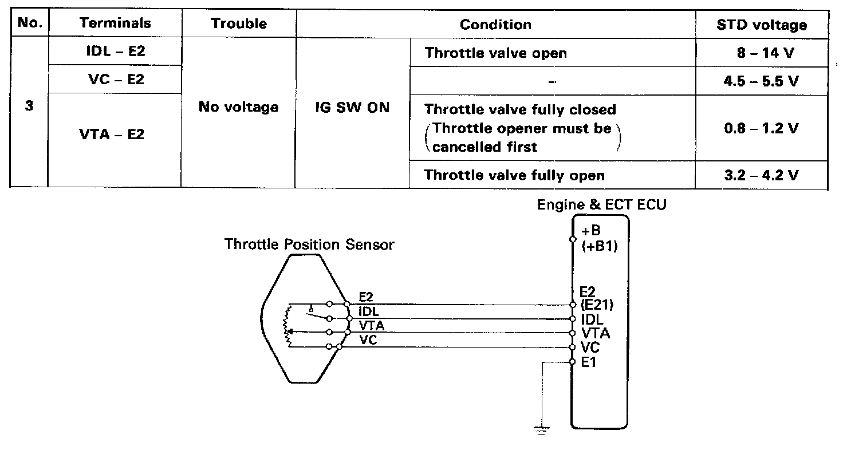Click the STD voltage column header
761,25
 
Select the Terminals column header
115,23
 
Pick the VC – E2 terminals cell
115,79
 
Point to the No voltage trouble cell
238,107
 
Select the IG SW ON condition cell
352,108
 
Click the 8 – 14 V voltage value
761,53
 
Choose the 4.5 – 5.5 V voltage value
761,81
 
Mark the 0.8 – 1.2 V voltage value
761,128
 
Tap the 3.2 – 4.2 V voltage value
761,175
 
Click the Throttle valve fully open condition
514,175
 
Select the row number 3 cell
29,107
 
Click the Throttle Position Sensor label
309,244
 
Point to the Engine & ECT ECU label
601,205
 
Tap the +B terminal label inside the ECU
593,232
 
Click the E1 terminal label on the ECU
589,362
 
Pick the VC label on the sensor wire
367,340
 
